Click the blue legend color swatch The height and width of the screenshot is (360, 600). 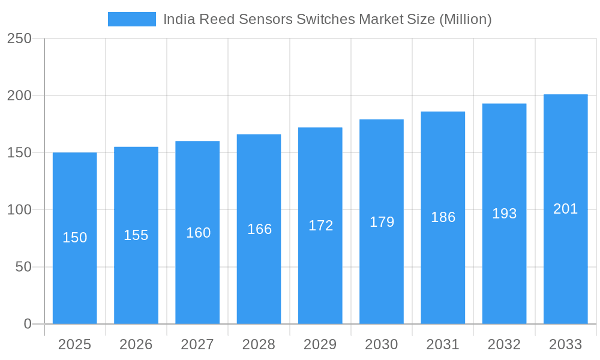click(131, 19)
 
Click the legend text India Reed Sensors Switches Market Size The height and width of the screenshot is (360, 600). click(327, 19)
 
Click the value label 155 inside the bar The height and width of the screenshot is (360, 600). click(136, 235)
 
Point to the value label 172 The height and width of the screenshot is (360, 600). click(320, 226)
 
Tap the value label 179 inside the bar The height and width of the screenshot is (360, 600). click(382, 222)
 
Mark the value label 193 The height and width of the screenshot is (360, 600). click(504, 214)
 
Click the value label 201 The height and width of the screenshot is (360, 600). click(565, 209)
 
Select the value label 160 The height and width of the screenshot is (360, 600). click(198, 233)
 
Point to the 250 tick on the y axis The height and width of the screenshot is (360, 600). click(19, 38)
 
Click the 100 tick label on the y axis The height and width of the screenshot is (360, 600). click(19, 210)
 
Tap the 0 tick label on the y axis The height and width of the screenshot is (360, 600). click(28, 324)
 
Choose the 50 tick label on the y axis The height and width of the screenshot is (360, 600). click(23, 267)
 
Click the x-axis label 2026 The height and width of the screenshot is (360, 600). click(136, 344)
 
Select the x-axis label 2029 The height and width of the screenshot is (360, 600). click(320, 344)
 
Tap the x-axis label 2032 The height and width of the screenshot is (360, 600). click(504, 344)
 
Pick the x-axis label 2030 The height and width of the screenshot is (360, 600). click(382, 344)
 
